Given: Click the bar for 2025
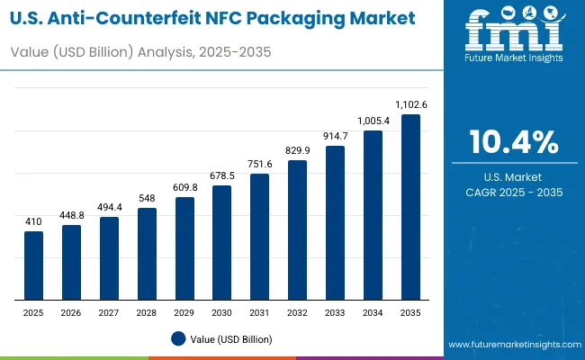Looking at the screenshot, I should click(x=33, y=265).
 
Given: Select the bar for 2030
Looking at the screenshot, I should click(x=221, y=243).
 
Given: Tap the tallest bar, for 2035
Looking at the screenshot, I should click(x=410, y=207).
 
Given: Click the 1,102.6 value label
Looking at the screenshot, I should click(x=410, y=105).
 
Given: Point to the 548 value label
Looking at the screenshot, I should click(x=147, y=199).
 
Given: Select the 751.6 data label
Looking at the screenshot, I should click(x=259, y=165).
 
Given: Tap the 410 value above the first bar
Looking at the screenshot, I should click(x=33, y=222).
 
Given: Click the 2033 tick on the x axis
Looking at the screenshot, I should click(x=335, y=312).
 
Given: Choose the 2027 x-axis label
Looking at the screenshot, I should click(x=109, y=312).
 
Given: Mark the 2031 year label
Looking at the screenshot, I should click(x=259, y=312).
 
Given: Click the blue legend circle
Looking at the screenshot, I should click(x=178, y=338).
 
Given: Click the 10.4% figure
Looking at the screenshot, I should click(x=513, y=142).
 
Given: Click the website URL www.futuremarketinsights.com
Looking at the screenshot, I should click(x=511, y=345).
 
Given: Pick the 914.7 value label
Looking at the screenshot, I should click(x=335, y=136).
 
